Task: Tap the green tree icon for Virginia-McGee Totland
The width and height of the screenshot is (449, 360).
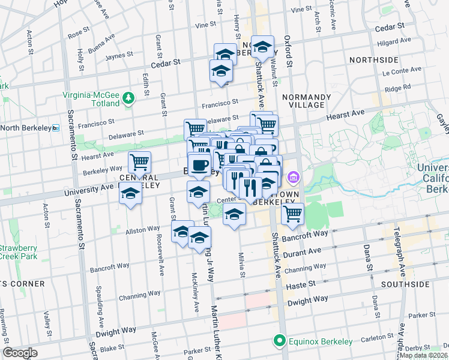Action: click(128, 98)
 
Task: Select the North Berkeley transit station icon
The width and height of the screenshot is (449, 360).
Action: click(56, 128)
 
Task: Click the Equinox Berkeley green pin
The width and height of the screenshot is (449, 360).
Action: click(279, 341)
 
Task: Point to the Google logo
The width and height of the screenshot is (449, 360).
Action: click(20, 353)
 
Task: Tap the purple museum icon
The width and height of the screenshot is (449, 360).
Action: click(293, 177)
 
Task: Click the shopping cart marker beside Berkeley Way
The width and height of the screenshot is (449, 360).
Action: click(139, 161)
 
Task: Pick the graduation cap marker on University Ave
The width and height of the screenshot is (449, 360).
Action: click(130, 194)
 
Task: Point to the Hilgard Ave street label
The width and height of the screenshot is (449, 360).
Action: click(393, 41)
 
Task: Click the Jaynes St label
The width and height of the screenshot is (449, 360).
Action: click(118, 56)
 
